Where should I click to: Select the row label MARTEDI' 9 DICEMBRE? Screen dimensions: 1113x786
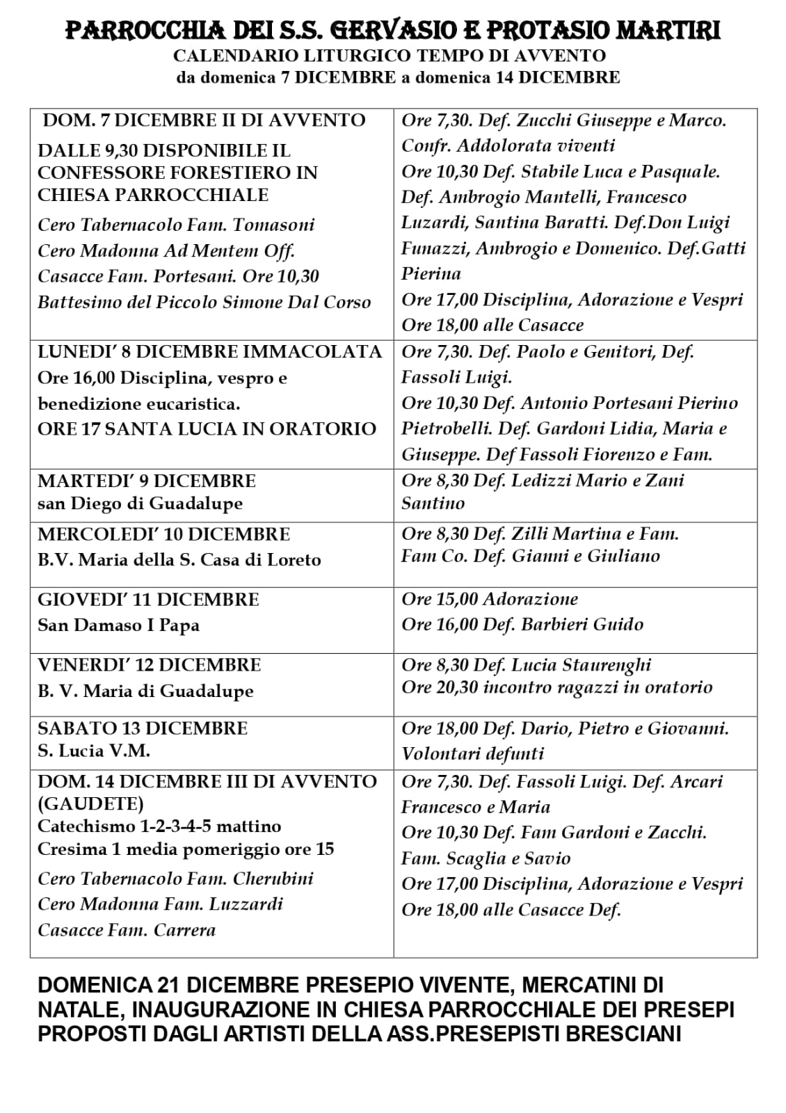point(147,481)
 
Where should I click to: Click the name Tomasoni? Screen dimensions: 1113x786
point(273,225)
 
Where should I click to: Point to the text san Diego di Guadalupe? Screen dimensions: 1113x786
point(140,503)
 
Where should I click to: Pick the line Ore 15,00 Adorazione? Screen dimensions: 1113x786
point(490,599)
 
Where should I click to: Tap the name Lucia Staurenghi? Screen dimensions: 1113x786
point(581,664)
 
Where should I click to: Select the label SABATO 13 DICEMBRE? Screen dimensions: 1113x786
point(143,728)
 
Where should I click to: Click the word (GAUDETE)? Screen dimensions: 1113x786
point(90,803)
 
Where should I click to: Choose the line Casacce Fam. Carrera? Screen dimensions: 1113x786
point(127,930)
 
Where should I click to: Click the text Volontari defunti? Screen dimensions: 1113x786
point(472,753)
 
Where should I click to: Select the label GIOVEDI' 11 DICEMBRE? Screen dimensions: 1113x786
point(148,600)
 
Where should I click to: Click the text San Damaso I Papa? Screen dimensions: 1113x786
point(118,625)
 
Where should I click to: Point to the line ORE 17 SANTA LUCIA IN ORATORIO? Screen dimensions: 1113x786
point(207,429)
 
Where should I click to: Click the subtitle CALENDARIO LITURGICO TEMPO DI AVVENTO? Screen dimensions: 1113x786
point(390,56)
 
